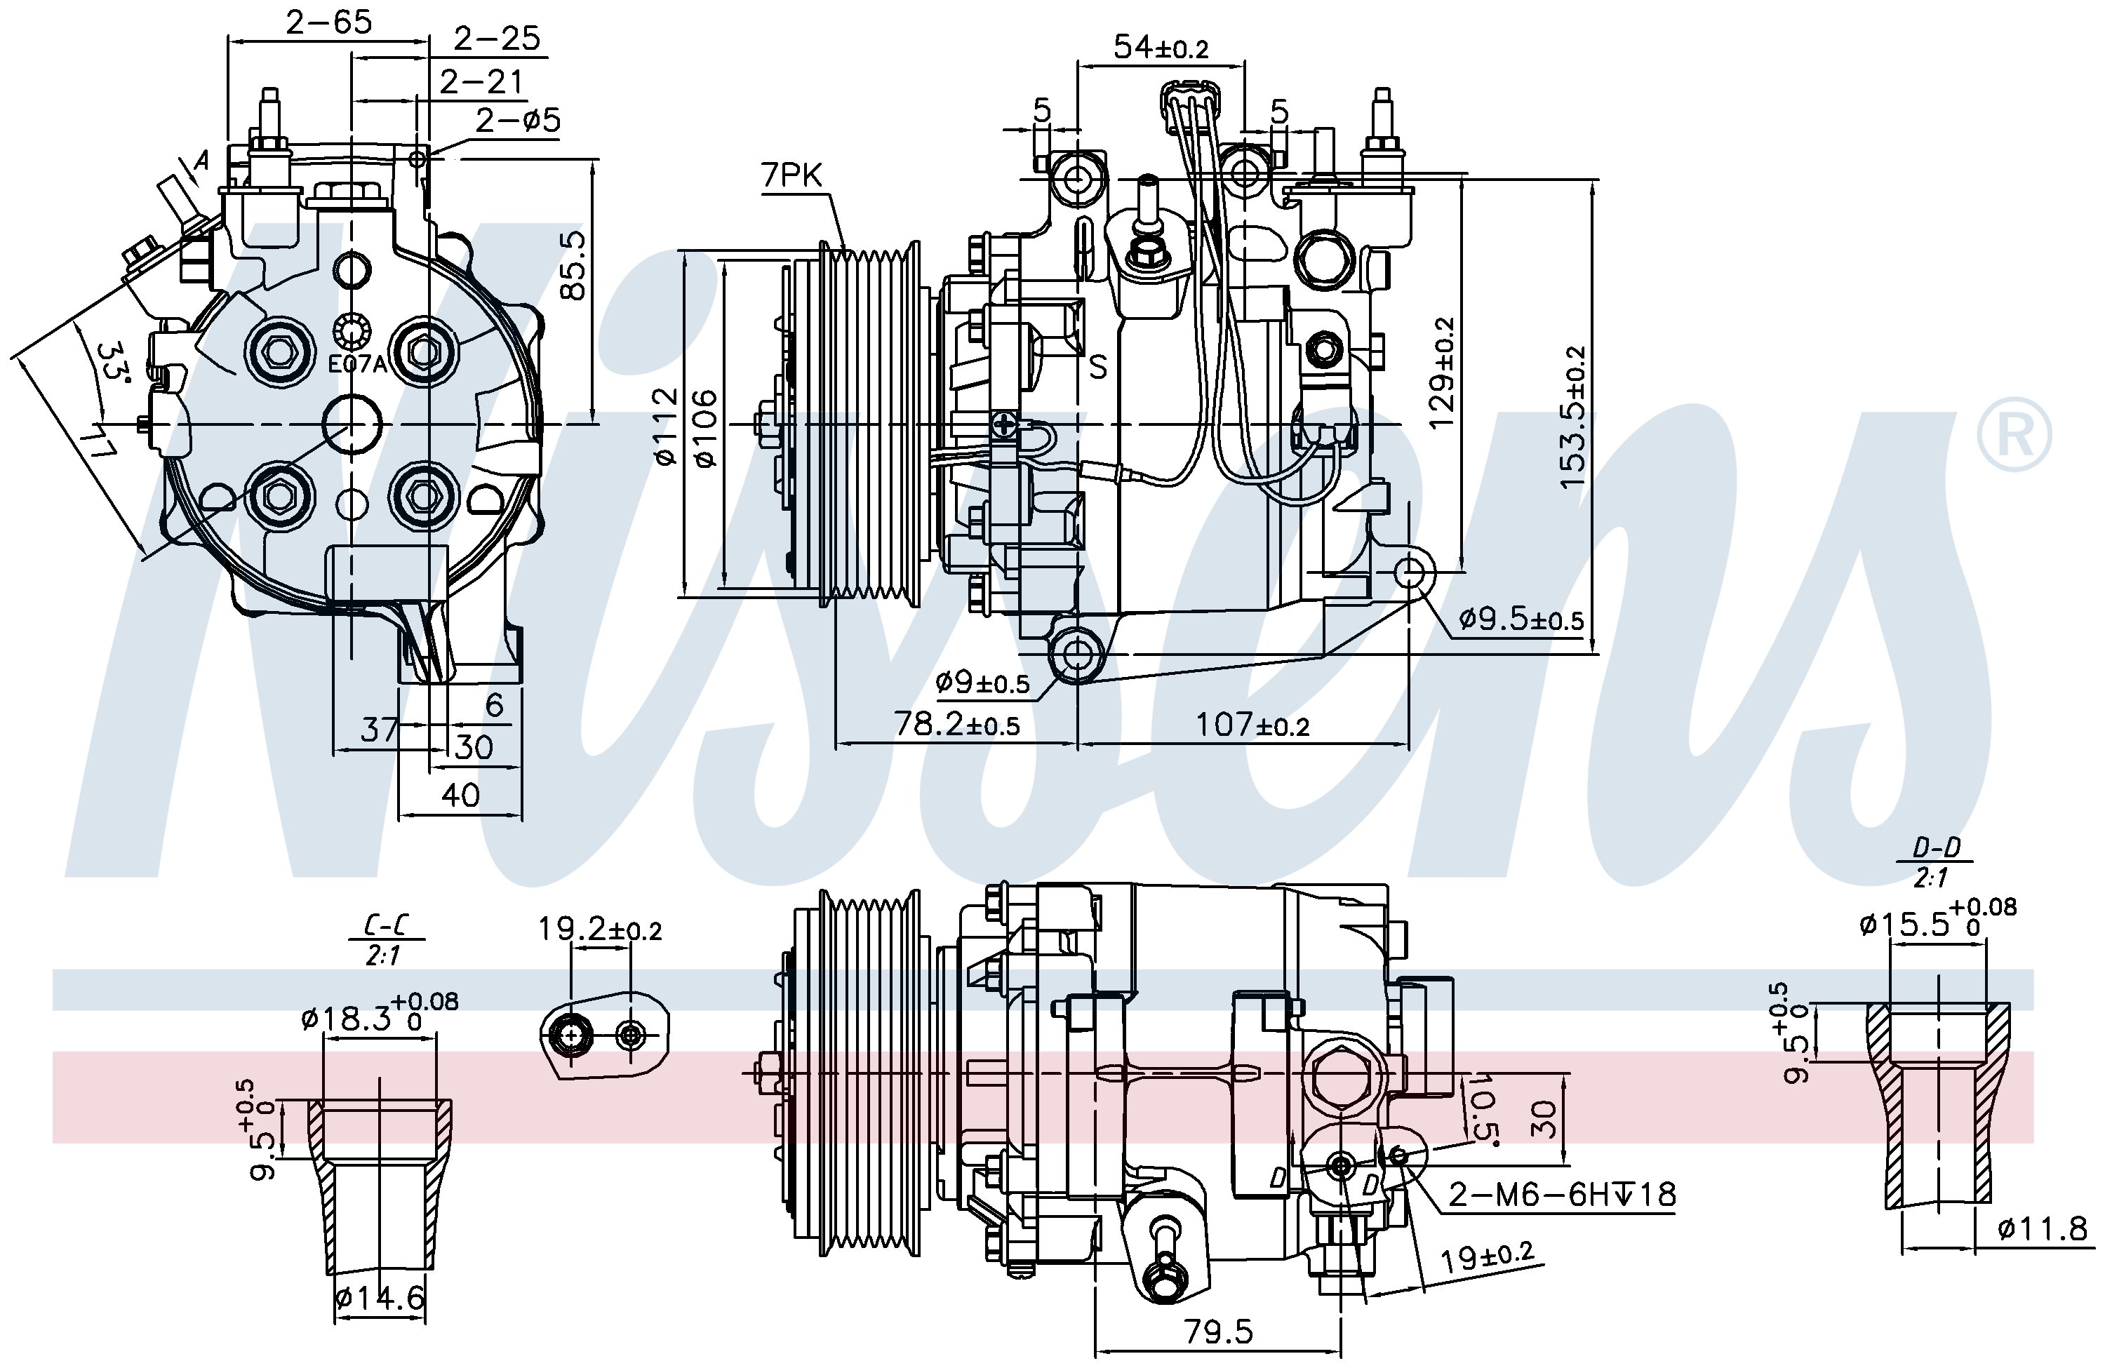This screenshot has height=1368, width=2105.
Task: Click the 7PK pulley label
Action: pos(791,176)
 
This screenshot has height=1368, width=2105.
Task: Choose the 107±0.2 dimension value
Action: pos(1252,725)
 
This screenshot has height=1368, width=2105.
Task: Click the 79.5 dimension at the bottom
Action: pos(1219,1332)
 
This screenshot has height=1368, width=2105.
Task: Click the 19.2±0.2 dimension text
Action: pos(601,929)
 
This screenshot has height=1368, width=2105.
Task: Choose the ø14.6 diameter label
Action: pos(381,1297)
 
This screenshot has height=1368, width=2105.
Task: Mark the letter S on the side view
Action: pos(1097,366)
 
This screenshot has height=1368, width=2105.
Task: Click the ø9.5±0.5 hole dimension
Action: pos(1521,618)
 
